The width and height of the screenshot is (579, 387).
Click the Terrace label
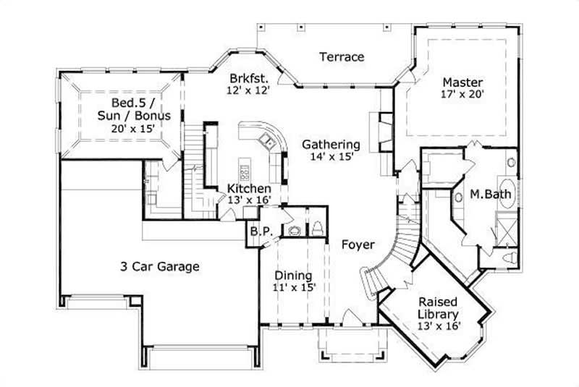342,57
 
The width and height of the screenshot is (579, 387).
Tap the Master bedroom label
462,82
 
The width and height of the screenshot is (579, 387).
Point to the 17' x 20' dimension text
462,94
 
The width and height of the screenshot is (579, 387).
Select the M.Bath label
486,194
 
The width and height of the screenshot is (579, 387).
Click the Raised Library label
438,308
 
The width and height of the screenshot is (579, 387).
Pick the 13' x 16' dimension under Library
438,326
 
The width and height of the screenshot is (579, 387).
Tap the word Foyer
358,244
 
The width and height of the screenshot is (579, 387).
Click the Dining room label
294,276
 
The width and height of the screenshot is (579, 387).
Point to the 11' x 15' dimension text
294,288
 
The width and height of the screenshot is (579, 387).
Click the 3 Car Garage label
159,266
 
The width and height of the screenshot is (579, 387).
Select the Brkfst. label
250,79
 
